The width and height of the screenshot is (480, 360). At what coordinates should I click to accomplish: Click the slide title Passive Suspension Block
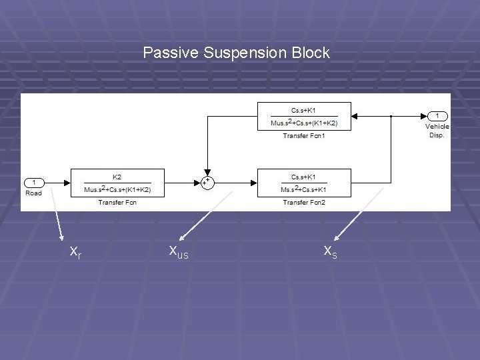(x=236, y=52)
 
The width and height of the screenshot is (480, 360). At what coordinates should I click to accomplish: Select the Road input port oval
(x=34, y=183)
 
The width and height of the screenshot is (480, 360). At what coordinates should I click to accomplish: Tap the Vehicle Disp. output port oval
(x=437, y=116)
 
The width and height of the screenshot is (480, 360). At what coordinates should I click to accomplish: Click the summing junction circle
(x=207, y=182)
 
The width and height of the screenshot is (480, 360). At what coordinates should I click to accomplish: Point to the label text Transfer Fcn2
(x=304, y=202)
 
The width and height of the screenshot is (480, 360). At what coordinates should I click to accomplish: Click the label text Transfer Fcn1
(x=304, y=136)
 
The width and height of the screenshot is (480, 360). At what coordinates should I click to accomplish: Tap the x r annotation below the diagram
(x=75, y=251)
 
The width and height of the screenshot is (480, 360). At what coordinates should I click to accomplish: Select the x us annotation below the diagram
(x=178, y=251)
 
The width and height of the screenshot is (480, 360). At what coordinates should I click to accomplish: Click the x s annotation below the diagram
(x=330, y=251)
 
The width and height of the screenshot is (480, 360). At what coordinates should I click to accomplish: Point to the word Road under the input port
(x=33, y=193)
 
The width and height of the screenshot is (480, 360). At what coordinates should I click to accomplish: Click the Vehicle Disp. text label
(x=437, y=131)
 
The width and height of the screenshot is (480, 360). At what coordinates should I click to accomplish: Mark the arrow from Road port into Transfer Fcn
(x=57, y=183)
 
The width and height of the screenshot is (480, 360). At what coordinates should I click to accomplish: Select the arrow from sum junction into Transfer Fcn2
(x=237, y=183)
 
